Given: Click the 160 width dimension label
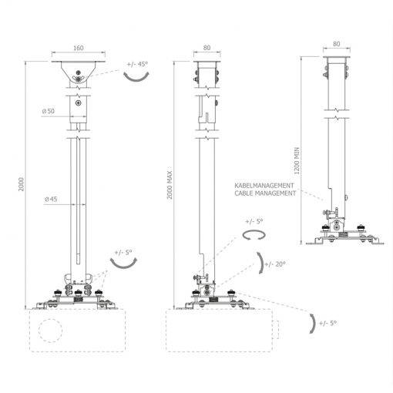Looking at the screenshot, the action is (79, 48).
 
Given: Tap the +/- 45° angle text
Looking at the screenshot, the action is (137, 64).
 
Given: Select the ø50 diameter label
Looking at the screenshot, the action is (49, 111).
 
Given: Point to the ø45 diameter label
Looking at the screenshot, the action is (51, 199).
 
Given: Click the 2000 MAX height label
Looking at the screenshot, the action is (170, 185).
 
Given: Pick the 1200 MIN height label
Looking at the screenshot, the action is (297, 161).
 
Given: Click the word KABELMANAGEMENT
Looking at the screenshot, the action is (264, 185).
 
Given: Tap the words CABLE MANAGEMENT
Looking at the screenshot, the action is (265, 193).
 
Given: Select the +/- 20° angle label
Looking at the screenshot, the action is (275, 264).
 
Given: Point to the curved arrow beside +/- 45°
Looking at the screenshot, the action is (136, 79).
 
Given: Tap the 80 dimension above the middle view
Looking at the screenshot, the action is (207, 48).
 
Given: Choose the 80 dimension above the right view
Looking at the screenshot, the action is (337, 44).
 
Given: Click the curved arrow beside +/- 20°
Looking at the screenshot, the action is (261, 263).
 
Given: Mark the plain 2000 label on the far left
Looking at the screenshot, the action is (22, 184).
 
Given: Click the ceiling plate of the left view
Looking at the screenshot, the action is (79, 62).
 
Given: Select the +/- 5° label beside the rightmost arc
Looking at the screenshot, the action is (327, 323).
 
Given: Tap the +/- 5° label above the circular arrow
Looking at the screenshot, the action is (254, 221).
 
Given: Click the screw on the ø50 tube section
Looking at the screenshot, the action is (78, 103).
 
